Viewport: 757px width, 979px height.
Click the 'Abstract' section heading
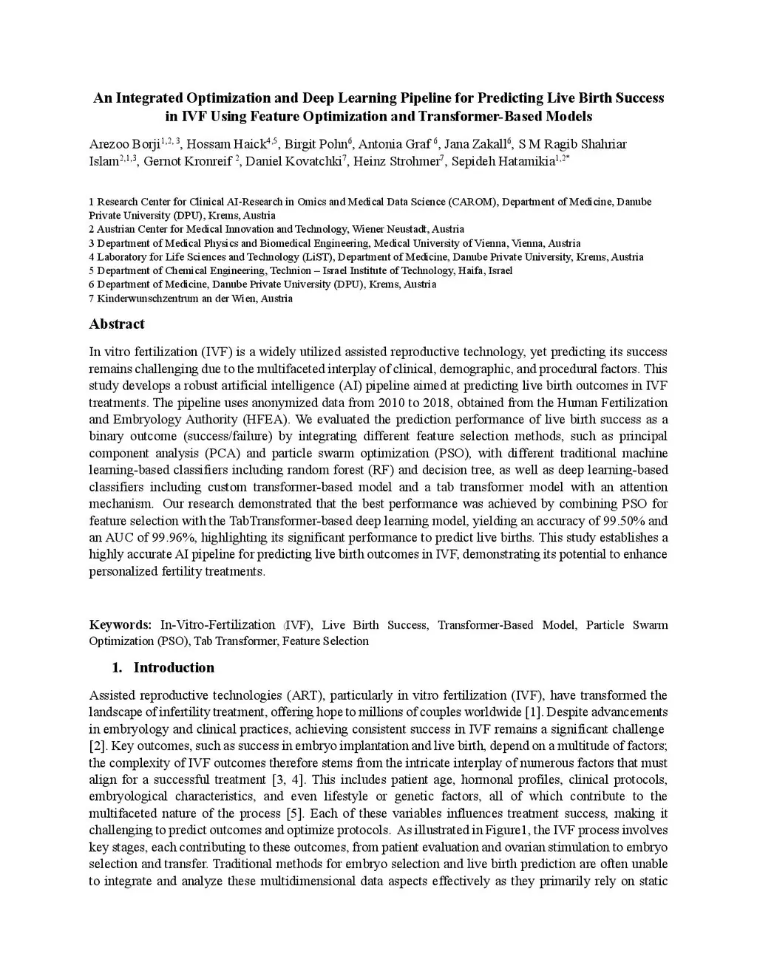pyautogui.click(x=117, y=324)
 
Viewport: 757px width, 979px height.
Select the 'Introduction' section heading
pyautogui.click(x=174, y=668)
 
